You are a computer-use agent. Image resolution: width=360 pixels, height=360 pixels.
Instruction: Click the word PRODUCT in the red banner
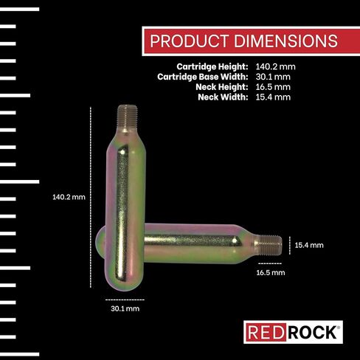tap(189, 41)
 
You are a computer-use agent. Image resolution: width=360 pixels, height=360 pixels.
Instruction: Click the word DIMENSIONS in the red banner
tap(285, 41)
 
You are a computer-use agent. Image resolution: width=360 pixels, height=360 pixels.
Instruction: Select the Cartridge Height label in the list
tap(212, 66)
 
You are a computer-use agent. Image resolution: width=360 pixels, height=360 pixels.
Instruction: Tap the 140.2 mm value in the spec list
tap(275, 66)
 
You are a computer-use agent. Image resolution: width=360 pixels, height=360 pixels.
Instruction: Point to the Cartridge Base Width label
tap(203, 77)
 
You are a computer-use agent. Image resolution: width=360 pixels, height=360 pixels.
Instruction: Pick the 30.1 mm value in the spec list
tap(273, 77)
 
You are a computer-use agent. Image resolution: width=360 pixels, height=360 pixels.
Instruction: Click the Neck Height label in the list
tap(222, 87)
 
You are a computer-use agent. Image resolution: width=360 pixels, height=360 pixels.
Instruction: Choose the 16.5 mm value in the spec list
tap(273, 87)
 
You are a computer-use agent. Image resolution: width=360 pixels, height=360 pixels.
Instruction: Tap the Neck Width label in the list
tap(223, 97)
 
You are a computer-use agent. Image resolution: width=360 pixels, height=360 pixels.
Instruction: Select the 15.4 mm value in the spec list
tap(273, 97)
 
